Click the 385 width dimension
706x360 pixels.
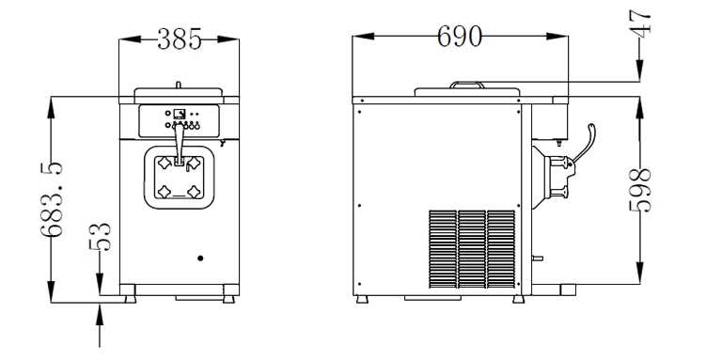coord(180,39)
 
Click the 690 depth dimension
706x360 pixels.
coord(460,36)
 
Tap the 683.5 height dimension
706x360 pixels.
coord(51,199)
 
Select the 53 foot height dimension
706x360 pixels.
coord(100,237)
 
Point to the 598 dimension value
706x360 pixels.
coord(640,190)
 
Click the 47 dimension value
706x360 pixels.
coord(640,23)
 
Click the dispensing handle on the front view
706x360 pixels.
coord(180,145)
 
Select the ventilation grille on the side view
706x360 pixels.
coord(472,249)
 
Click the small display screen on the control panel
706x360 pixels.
coord(180,114)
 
